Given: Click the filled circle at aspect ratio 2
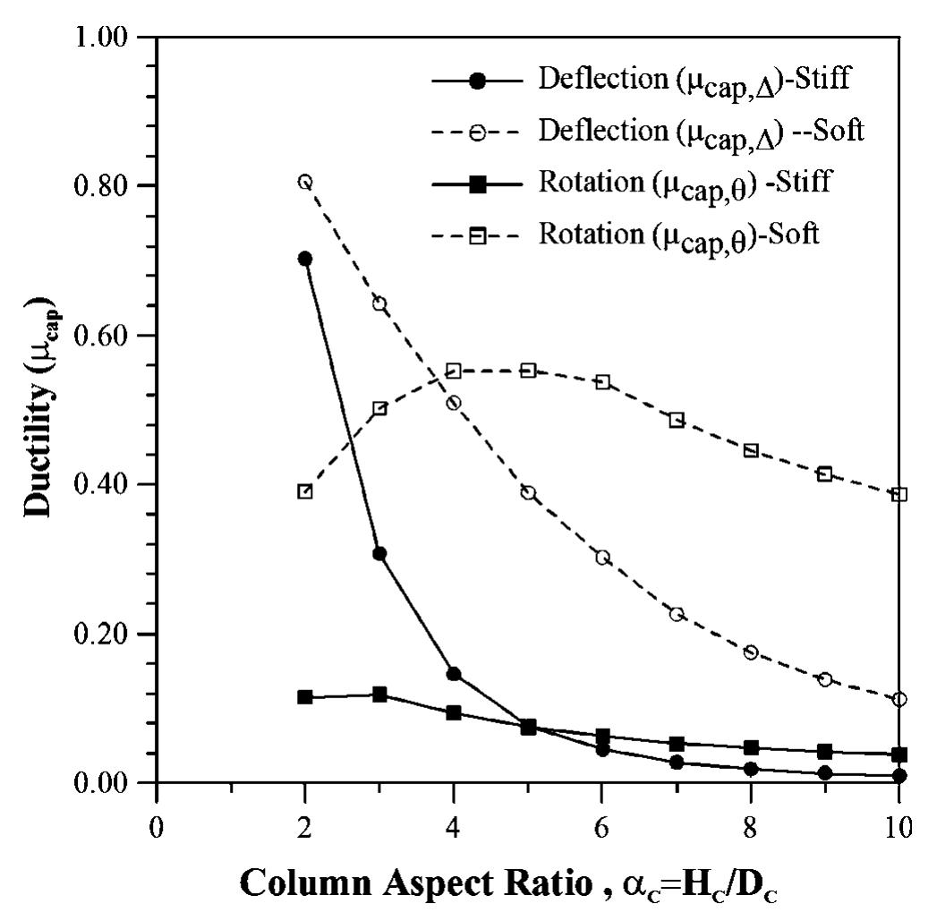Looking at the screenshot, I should [304, 259].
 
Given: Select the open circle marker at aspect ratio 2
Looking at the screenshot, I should [304, 182].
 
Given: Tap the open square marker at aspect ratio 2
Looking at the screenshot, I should [304, 491].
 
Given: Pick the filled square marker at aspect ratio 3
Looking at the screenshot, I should [379, 695].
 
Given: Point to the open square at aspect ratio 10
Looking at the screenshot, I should [899, 494].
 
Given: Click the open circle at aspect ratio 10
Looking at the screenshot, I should [899, 699].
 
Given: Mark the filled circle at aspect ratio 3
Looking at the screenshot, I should [379, 554].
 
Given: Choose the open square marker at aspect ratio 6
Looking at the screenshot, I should [602, 382].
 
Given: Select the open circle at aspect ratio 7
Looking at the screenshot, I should [677, 614].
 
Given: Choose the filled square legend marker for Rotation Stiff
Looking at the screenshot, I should [478, 184].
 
